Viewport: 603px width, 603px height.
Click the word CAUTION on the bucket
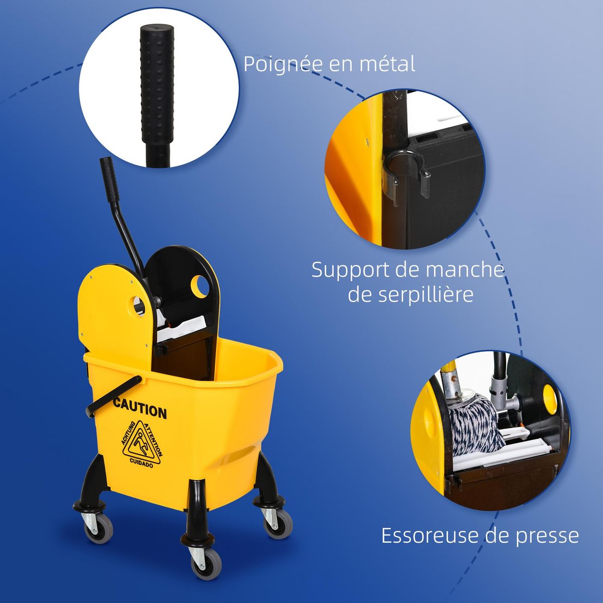click(x=140, y=409)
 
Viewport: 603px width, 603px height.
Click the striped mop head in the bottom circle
click(x=477, y=424)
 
